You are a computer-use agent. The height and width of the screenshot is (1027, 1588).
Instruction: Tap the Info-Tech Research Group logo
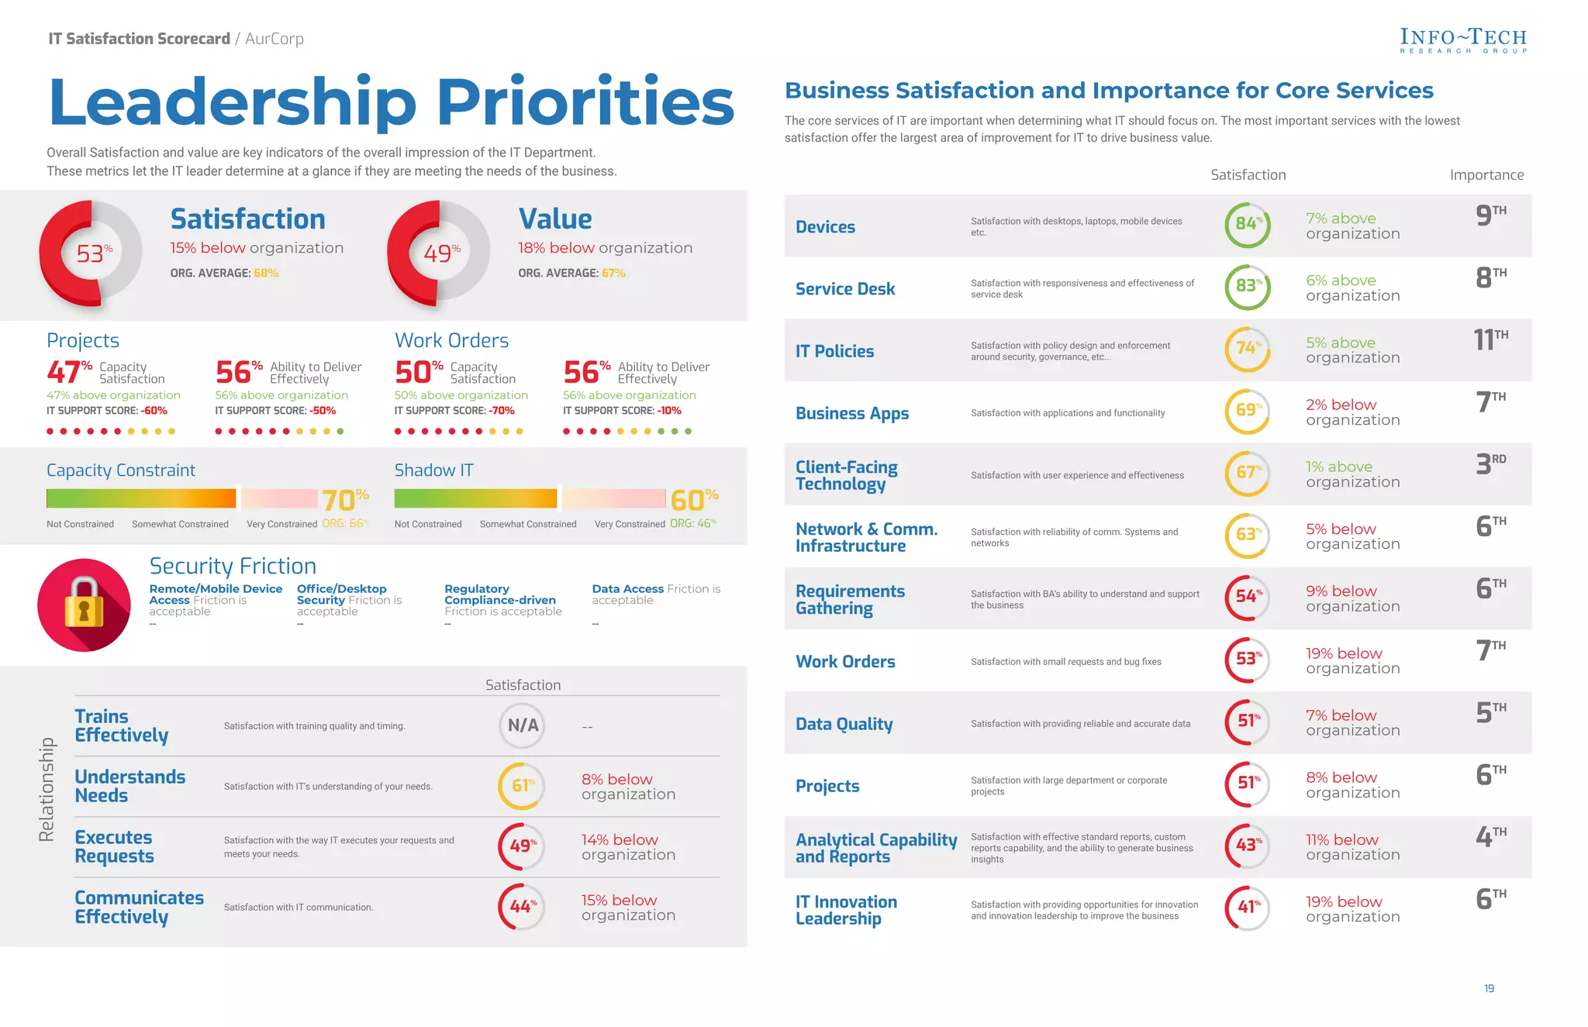click(x=1462, y=40)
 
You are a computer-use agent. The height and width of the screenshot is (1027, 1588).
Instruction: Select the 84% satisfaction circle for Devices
click(x=1248, y=225)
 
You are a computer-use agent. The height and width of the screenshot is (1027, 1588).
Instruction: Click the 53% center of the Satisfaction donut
click(x=93, y=253)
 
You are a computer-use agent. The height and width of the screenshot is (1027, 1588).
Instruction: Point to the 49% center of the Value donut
click(x=441, y=253)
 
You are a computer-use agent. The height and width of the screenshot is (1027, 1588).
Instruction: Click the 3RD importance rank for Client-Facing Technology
click(x=1490, y=464)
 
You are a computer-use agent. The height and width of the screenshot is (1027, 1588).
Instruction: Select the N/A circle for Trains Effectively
click(x=522, y=725)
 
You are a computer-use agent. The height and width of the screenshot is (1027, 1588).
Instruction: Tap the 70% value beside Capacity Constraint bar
click(x=345, y=500)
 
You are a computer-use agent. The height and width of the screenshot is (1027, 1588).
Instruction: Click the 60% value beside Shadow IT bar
click(x=693, y=500)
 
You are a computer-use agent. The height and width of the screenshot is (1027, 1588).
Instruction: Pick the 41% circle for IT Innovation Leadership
click(x=1248, y=908)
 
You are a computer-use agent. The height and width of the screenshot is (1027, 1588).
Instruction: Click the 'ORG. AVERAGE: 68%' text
click(x=224, y=273)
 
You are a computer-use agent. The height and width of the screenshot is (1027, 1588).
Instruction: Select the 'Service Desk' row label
click(x=844, y=289)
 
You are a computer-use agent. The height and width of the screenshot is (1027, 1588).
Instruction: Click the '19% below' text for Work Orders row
click(x=1343, y=653)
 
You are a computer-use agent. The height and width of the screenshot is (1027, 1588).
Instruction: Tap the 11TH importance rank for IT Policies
click(x=1490, y=339)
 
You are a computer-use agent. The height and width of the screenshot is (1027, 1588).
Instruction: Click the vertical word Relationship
click(x=47, y=789)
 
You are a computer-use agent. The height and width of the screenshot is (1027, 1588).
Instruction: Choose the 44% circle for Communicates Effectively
click(x=522, y=906)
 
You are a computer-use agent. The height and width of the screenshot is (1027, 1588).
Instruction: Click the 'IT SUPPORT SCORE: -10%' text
click(x=622, y=411)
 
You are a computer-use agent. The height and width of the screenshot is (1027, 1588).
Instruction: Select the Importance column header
click(x=1486, y=175)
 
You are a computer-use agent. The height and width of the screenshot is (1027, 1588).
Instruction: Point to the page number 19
click(x=1489, y=988)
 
